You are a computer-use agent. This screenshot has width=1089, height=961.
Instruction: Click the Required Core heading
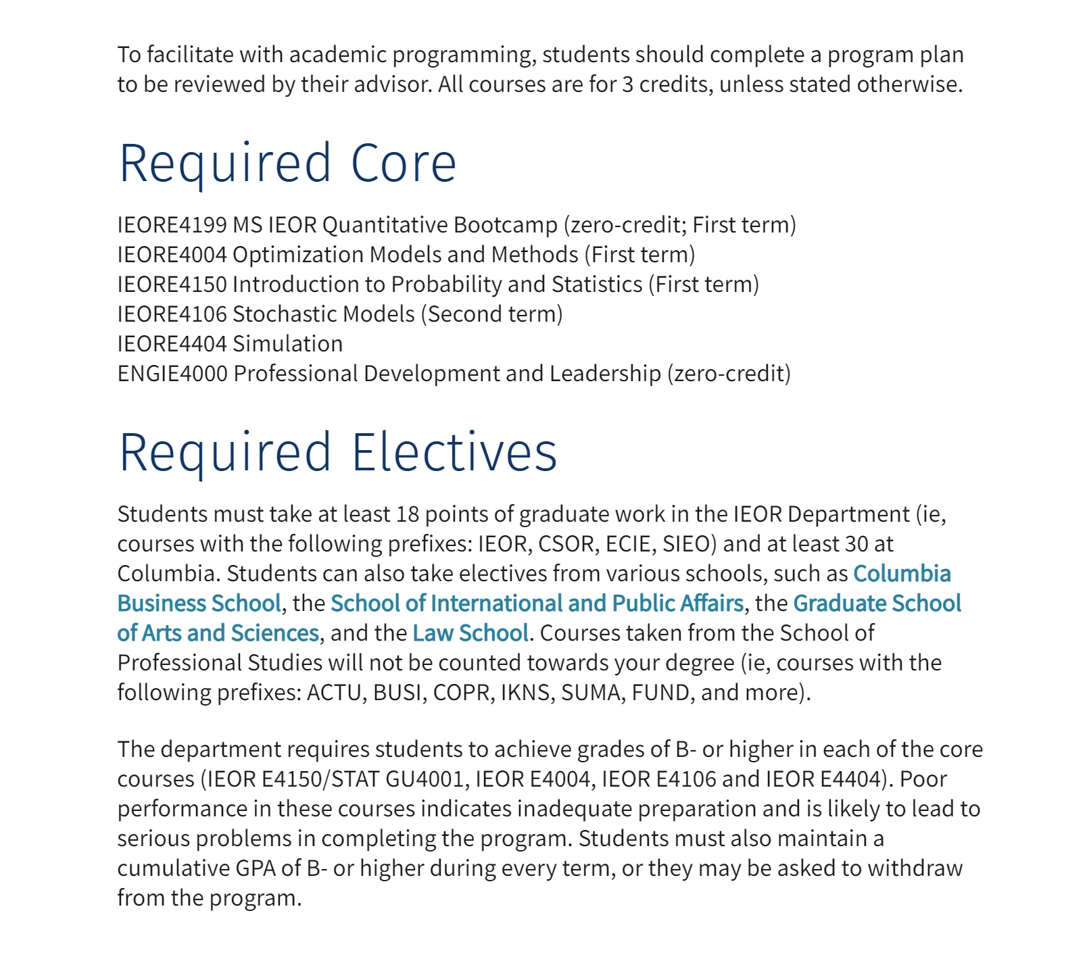(x=288, y=164)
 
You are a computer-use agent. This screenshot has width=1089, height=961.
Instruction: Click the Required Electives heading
(x=338, y=452)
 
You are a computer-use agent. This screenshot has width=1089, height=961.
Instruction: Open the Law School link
(x=470, y=633)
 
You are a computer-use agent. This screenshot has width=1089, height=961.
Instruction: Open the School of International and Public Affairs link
(x=537, y=603)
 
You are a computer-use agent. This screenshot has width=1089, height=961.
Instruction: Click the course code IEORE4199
(x=172, y=225)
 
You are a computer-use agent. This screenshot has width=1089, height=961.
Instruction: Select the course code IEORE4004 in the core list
(x=172, y=255)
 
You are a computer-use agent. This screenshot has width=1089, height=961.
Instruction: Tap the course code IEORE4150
(x=172, y=285)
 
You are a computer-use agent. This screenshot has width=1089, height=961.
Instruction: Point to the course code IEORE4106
(x=172, y=314)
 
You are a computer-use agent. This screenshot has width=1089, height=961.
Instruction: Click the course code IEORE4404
(x=172, y=344)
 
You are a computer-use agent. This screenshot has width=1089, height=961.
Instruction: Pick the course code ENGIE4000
(x=172, y=374)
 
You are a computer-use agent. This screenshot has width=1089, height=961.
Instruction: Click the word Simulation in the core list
(x=288, y=344)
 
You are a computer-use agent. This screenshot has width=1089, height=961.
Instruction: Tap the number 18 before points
(x=408, y=514)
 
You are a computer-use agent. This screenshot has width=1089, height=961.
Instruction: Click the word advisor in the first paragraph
(x=392, y=84)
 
